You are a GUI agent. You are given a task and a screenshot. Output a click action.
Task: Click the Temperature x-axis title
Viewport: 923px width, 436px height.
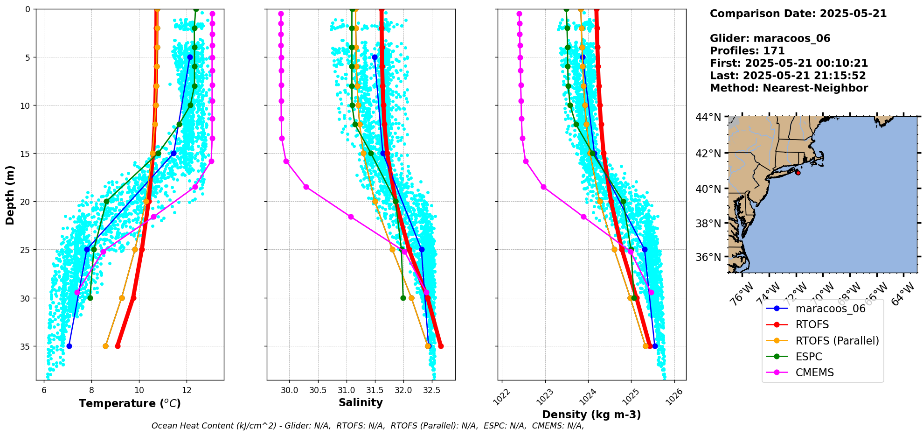pos(130,403)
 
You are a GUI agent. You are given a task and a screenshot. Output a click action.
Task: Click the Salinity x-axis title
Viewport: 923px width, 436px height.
pos(361,402)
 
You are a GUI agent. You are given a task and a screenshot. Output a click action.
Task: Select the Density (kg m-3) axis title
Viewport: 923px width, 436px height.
pos(591,415)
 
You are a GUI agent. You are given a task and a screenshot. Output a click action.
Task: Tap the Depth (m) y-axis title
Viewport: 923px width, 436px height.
pos(10,195)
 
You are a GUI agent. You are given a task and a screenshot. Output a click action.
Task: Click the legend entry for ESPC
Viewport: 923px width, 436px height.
pos(809,357)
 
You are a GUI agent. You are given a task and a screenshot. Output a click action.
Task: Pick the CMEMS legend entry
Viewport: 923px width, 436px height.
pos(814,373)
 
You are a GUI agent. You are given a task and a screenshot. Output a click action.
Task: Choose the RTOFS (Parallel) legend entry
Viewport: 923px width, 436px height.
pos(837,341)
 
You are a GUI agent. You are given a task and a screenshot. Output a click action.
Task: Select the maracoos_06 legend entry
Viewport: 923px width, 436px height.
pos(830,309)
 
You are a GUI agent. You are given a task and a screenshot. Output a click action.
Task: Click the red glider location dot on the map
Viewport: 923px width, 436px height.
pos(798,173)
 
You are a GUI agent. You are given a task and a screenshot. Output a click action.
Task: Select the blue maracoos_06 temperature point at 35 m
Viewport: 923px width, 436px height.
pos(69,346)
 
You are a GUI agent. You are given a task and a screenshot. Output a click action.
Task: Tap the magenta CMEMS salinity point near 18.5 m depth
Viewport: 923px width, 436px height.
pos(306,187)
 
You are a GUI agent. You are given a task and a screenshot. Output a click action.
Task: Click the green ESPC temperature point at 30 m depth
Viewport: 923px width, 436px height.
pos(90,298)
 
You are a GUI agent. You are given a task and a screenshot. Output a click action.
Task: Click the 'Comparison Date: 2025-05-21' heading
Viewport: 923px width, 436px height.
pos(798,14)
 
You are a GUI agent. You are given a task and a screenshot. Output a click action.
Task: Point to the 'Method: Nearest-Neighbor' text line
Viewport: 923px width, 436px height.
pos(789,88)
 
